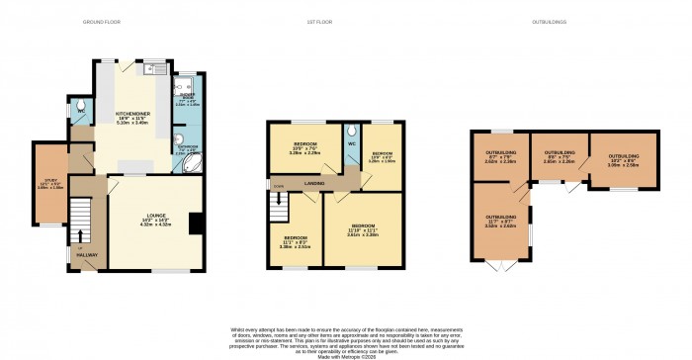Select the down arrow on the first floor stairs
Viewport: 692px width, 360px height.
(280, 199)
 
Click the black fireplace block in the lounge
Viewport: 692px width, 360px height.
(196, 225)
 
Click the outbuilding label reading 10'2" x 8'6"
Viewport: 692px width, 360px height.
(624, 160)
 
